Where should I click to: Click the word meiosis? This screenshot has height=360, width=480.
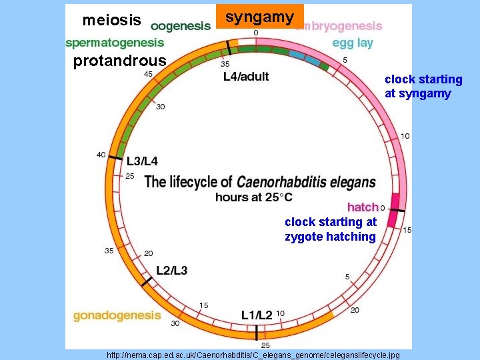[x=111, y=21]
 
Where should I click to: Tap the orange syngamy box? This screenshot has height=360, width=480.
[x=260, y=17]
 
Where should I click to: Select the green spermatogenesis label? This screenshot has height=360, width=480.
[x=114, y=43]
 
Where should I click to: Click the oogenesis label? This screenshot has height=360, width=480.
[x=180, y=26]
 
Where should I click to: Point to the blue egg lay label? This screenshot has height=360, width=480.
[x=353, y=43]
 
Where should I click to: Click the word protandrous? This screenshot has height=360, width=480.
[x=119, y=62]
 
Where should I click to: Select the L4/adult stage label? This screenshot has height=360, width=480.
[x=246, y=77]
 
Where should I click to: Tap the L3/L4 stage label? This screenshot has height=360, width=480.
[x=143, y=161]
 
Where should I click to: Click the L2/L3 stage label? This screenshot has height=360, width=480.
[x=171, y=270]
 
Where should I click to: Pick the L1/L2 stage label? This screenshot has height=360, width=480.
[x=257, y=314]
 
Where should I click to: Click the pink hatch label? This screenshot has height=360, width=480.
[x=363, y=207]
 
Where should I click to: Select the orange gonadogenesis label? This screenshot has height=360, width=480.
[x=117, y=315]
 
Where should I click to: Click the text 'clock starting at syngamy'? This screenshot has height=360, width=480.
[x=423, y=87]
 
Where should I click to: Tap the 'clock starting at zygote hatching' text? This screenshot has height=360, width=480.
[x=330, y=229]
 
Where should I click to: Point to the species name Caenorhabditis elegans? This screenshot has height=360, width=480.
[x=306, y=182]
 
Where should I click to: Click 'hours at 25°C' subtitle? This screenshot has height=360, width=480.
[x=253, y=197]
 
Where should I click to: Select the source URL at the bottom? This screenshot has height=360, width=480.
[x=253, y=355]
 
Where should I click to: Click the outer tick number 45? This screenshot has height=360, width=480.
[x=148, y=74]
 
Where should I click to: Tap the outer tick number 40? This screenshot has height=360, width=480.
[x=101, y=155]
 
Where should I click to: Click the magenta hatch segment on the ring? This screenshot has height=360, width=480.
[x=395, y=209]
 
